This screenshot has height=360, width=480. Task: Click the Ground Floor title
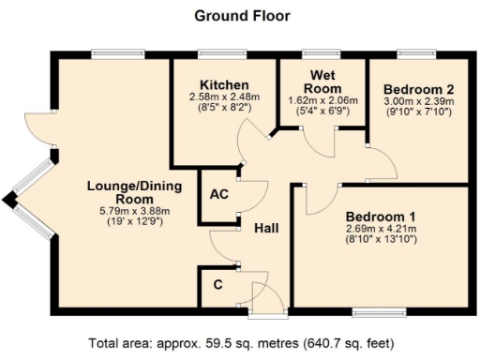[241, 16]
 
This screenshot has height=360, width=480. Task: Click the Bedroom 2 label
[417, 89]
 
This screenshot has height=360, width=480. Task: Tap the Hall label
[265, 228]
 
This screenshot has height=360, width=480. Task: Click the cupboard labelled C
[217, 282]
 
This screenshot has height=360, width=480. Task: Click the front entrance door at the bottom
[269, 298]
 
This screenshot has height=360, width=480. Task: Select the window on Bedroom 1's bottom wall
[379, 310]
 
